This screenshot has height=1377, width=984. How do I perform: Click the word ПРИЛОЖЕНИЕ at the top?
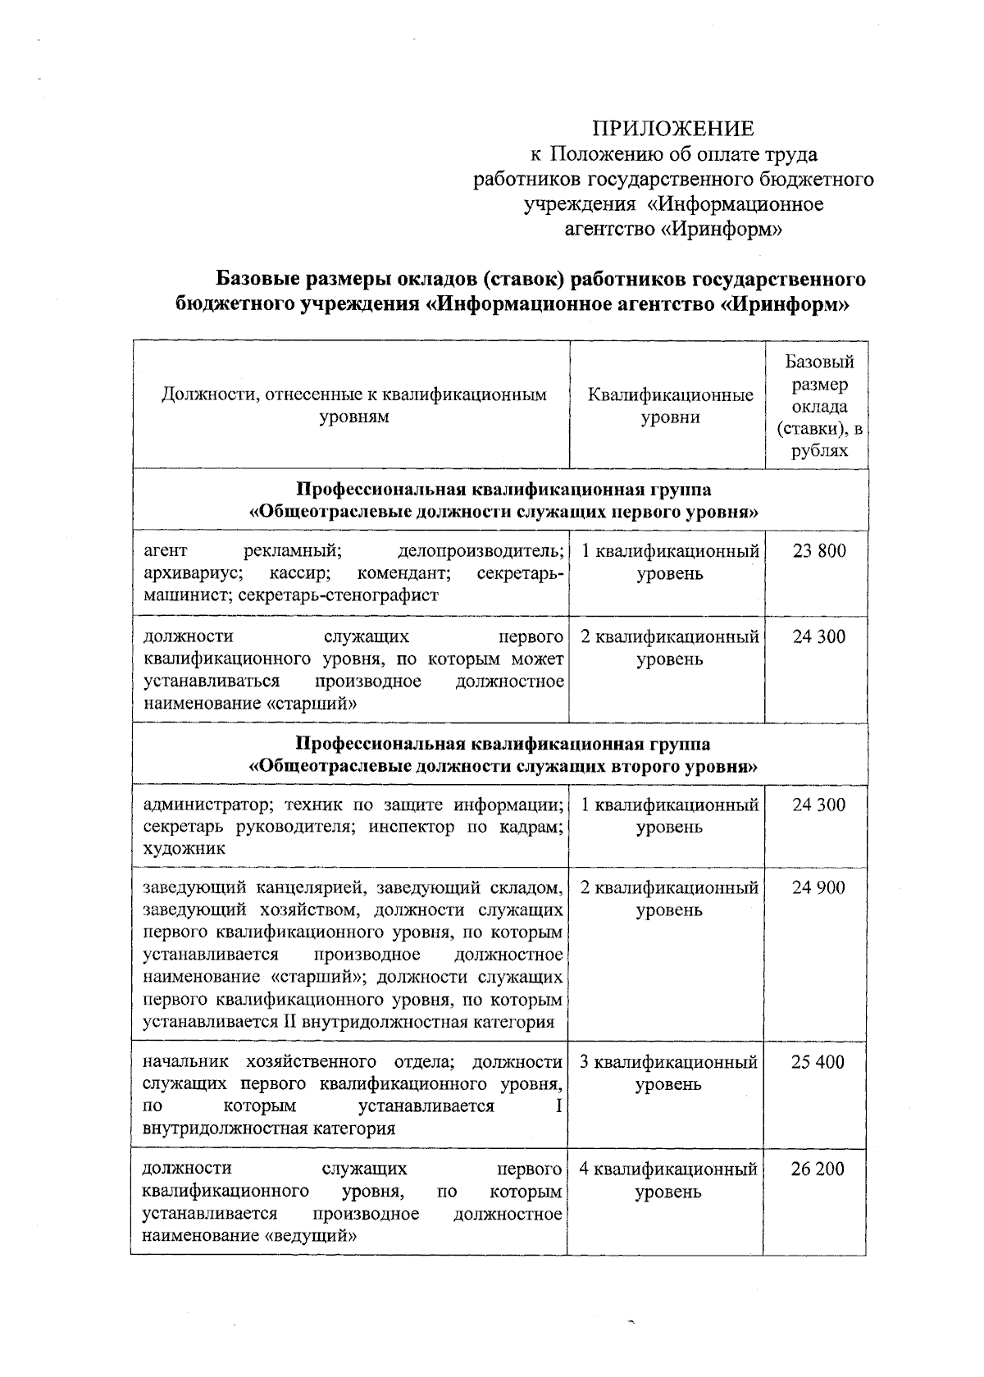pyautogui.click(x=672, y=128)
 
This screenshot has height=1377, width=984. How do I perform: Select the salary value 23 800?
pyautogui.click(x=818, y=551)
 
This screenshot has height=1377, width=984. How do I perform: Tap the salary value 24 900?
pyautogui.click(x=818, y=887)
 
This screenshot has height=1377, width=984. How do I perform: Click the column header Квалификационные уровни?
pyautogui.click(x=670, y=406)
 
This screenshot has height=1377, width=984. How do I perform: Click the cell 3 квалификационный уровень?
pyautogui.click(x=668, y=1074)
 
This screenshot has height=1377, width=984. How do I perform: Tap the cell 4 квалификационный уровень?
pyautogui.click(x=668, y=1180)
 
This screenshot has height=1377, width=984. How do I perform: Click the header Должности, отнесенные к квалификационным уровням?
pyautogui.click(x=353, y=406)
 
